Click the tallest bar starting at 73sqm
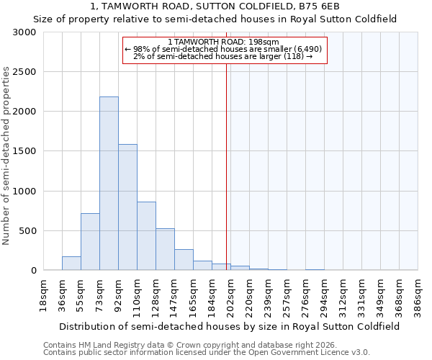(x=109, y=184)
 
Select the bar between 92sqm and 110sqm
(x=127, y=207)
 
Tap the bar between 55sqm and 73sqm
(x=90, y=242)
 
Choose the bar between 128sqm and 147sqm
(x=165, y=249)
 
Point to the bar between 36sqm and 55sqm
(x=71, y=264)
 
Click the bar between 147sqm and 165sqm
(x=184, y=260)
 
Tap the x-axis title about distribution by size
(x=226, y=326)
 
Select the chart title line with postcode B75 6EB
(x=215, y=6)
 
